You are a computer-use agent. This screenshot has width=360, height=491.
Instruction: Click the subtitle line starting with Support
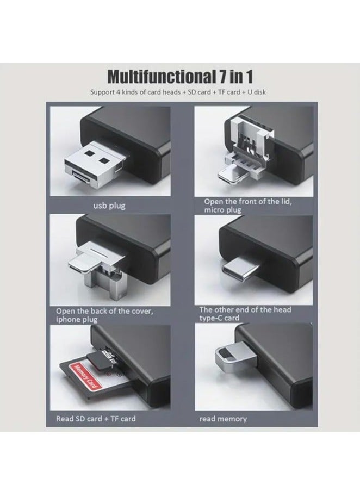click(178, 92)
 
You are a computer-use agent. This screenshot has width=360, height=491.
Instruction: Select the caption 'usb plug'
click(109, 206)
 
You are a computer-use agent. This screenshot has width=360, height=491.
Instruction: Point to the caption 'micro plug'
click(222, 209)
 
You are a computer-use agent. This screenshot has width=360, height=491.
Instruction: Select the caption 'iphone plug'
click(77, 319)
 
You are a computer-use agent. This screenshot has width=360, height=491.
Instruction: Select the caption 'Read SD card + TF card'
click(96, 418)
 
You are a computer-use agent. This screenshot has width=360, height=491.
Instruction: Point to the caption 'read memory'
click(223, 419)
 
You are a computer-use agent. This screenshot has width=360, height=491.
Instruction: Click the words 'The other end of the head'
click(245, 309)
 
